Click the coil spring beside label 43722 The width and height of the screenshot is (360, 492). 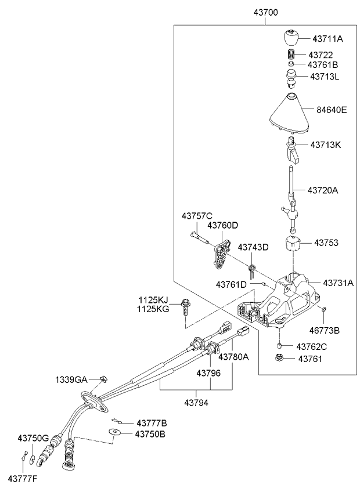pyautogui.click(x=292, y=55)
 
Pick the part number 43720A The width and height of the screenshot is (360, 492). pyautogui.click(x=322, y=190)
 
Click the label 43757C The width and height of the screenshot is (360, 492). pyautogui.click(x=197, y=216)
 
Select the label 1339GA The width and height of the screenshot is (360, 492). pyautogui.click(x=71, y=379)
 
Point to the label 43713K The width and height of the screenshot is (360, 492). pyautogui.click(x=325, y=144)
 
